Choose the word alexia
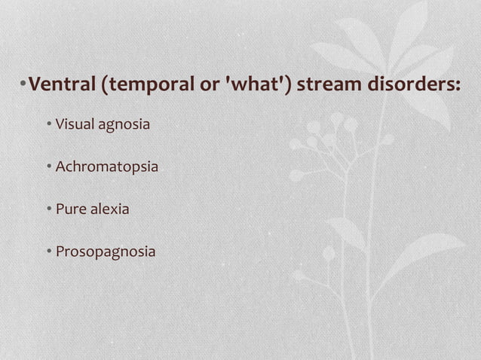coord(110,209)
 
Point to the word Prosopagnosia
coord(106,252)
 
